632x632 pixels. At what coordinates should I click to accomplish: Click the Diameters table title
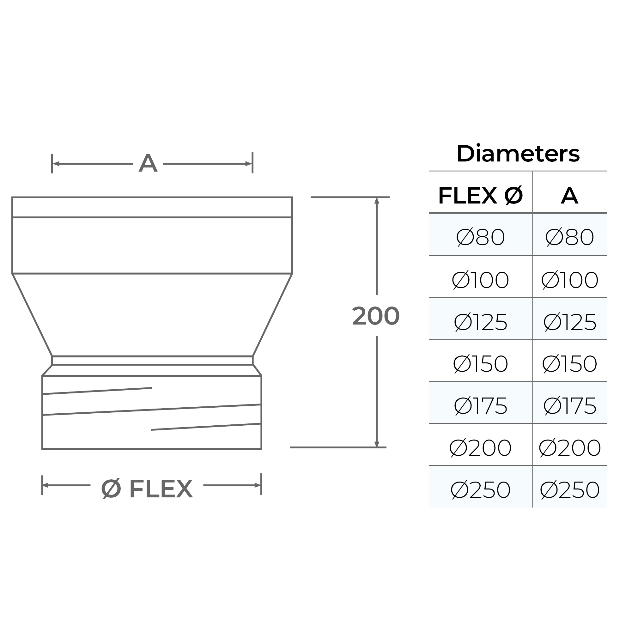point(518,154)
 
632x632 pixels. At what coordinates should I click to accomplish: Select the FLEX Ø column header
point(480,196)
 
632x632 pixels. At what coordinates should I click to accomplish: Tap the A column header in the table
point(569,196)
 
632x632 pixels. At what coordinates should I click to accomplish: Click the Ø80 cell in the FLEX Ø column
point(480,237)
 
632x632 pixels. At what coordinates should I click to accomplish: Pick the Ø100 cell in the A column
point(569,280)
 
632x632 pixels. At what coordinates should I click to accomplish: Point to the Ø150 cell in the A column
point(569,364)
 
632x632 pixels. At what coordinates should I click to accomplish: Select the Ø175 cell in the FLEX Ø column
point(480,406)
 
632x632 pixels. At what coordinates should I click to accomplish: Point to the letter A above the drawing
point(148,163)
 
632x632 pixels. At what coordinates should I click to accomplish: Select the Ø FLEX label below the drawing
point(147,489)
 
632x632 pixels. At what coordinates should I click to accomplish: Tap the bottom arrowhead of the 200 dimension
point(377,444)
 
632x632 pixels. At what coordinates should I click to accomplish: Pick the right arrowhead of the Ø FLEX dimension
point(258,485)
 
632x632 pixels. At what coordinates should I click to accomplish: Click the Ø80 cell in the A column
point(569,237)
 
